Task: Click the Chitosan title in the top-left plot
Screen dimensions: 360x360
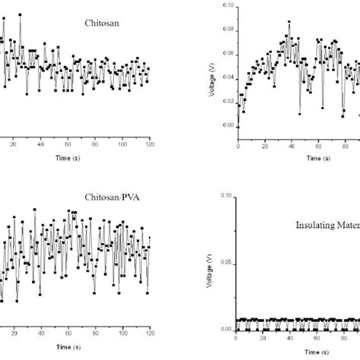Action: (x=98, y=23)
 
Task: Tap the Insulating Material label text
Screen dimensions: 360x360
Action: (x=328, y=225)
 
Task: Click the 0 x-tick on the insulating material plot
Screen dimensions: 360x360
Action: (x=238, y=342)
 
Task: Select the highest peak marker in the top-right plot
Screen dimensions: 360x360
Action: (x=289, y=23)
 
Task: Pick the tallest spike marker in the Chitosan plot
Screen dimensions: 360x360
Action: (x=20, y=14)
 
